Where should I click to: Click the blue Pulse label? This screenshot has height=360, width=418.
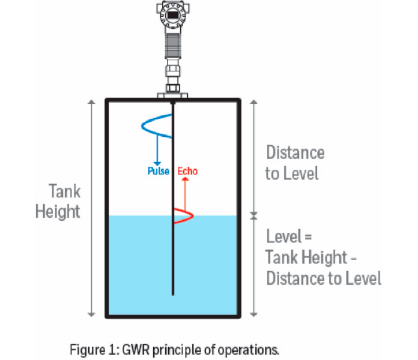(x=159, y=172)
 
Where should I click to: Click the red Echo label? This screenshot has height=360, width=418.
(x=188, y=172)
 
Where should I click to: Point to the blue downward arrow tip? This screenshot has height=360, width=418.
(x=157, y=163)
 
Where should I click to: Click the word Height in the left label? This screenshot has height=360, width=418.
(x=58, y=212)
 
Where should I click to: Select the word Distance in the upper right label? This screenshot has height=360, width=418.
(x=295, y=153)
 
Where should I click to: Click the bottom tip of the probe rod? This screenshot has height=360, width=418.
(x=173, y=295)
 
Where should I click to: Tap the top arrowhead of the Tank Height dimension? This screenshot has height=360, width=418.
(x=92, y=102)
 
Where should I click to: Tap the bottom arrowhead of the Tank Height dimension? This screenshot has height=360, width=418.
(x=92, y=314)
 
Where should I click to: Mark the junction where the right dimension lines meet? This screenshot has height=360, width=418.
(x=253, y=215)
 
